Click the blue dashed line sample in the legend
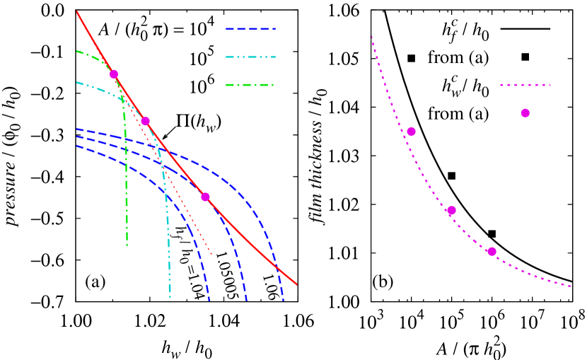pyautogui.click(x=250, y=30)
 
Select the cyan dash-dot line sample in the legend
pyautogui.click(x=250, y=57)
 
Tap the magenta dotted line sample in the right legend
pyautogui.click(x=525, y=85)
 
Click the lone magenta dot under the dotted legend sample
pyautogui.click(x=525, y=113)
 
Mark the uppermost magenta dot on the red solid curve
pyautogui.click(x=114, y=74)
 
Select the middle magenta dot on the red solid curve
pyautogui.click(x=145, y=121)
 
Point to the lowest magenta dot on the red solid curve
pyautogui.click(x=205, y=197)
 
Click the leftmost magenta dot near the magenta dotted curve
pyautogui.click(x=411, y=132)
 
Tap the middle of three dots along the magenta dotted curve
pyautogui.click(x=451, y=210)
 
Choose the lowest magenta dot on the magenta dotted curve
pyautogui.click(x=492, y=251)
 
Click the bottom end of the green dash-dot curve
pyautogui.click(x=127, y=245)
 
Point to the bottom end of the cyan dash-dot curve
pyautogui.click(x=170, y=297)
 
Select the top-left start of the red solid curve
pyautogui.click(x=77, y=12)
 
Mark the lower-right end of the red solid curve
pyautogui.click(x=298, y=285)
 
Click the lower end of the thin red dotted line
pyautogui.click(x=211, y=255)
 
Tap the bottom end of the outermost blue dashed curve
pyautogui.click(x=283, y=300)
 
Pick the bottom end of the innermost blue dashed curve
pyautogui.click(x=209, y=300)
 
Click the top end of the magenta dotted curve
pyautogui.click(x=371, y=37)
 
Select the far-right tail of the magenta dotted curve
pyautogui.click(x=571, y=286)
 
